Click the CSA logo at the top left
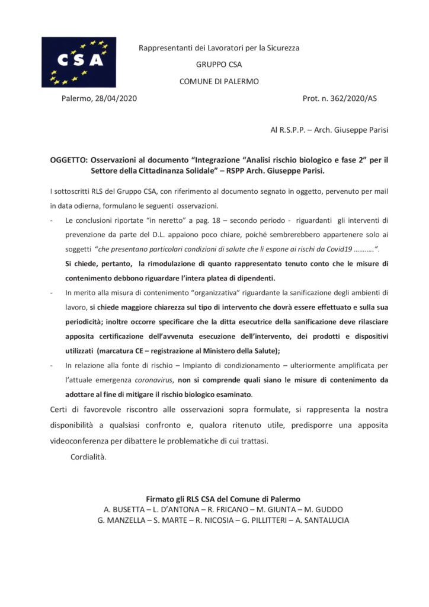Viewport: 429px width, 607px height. [78, 62]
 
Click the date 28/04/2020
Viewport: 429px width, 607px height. [116, 98]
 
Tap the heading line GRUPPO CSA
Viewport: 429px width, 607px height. [219, 65]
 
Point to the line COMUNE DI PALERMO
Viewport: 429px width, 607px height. [219, 81]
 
